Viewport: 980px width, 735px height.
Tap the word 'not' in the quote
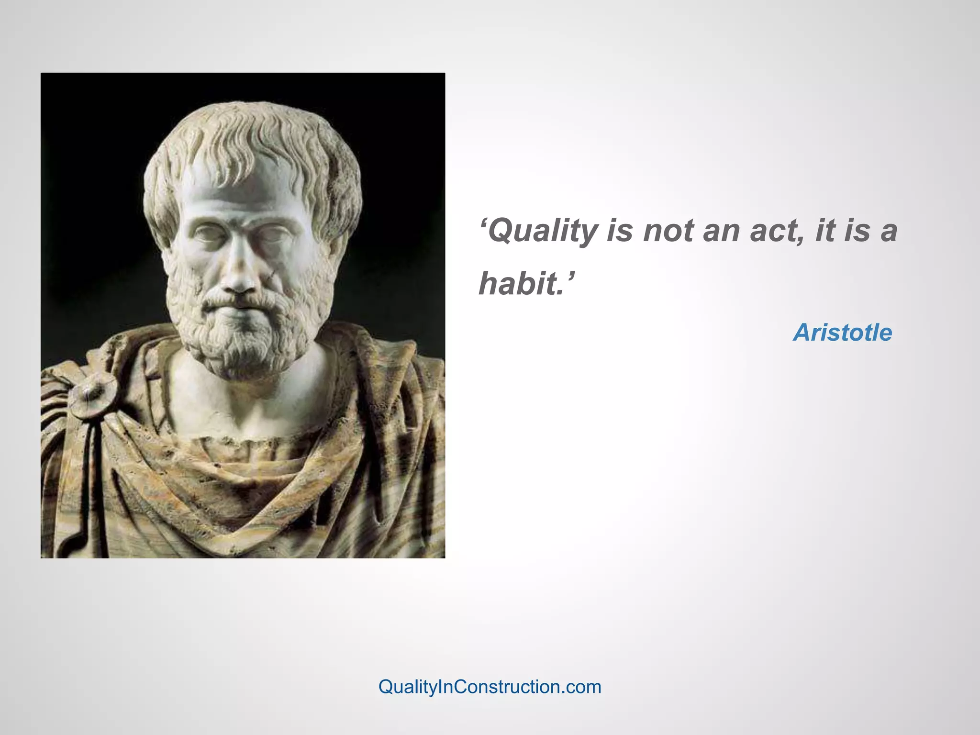[668, 231]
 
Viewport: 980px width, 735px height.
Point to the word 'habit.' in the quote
[521, 283]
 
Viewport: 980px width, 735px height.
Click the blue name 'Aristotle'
[843, 333]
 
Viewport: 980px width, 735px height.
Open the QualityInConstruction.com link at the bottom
[490, 687]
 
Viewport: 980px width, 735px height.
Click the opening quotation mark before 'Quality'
[483, 222]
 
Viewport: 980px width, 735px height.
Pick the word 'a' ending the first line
[889, 232]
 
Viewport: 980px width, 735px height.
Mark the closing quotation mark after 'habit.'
[570, 275]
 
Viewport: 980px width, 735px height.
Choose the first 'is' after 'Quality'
[620, 231]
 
